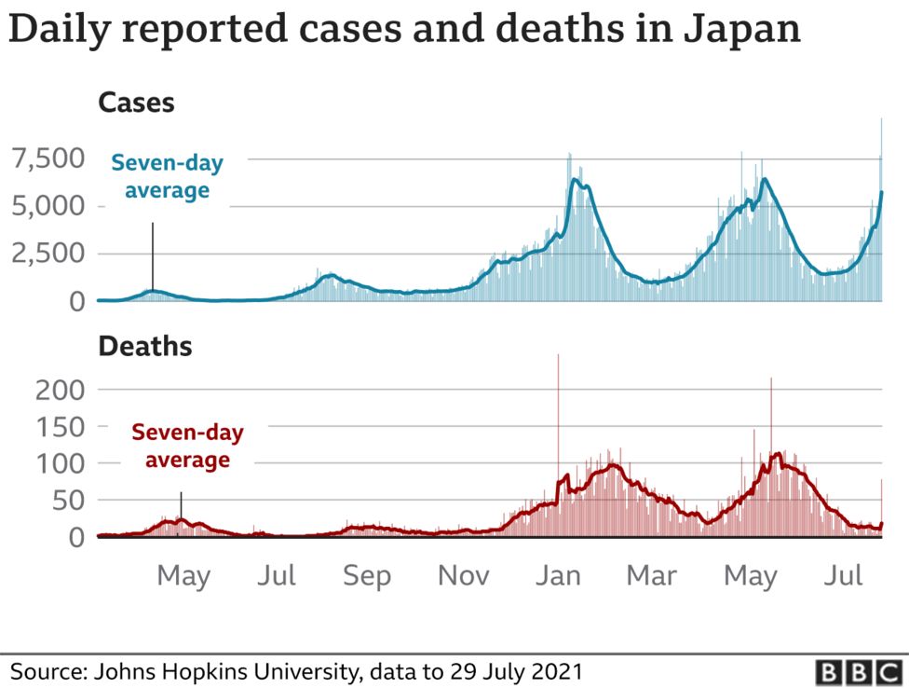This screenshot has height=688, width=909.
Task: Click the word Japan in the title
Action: [741, 29]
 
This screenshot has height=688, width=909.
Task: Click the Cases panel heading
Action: [136, 103]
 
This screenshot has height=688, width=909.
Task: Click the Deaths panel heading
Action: [145, 347]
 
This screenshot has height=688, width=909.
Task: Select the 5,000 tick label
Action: [47, 206]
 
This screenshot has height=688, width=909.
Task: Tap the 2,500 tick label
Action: [47, 254]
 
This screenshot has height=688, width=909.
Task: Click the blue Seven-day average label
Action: [168, 177]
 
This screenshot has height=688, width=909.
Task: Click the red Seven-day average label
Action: [187, 446]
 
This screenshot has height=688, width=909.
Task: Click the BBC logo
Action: [854, 671]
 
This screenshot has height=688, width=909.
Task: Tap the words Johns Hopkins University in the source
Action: [221, 671]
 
